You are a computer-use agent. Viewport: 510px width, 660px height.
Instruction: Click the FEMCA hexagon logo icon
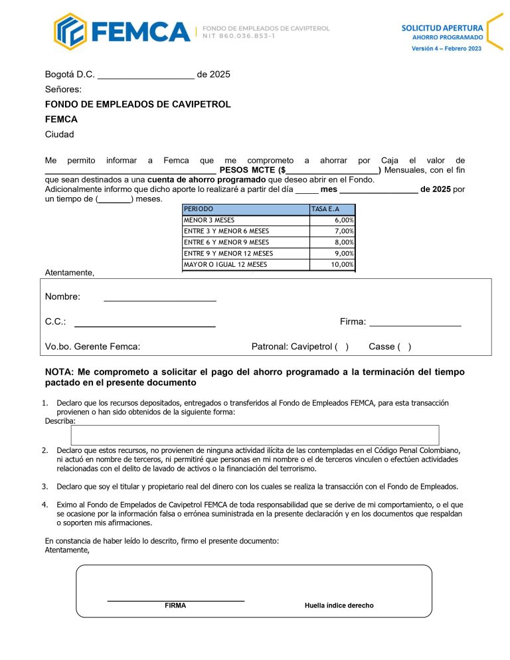tap(70, 31)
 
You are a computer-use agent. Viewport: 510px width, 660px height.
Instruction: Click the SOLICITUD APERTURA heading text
tap(442, 28)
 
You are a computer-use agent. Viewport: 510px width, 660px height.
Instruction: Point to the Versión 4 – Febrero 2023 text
tap(446, 49)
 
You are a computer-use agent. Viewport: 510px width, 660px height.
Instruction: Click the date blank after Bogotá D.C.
tap(145, 75)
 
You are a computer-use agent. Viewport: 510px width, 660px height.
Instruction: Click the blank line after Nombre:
tap(160, 297)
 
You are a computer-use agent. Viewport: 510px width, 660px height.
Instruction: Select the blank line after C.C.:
tap(145, 323)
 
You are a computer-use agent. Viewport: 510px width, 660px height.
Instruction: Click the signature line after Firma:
tap(415, 323)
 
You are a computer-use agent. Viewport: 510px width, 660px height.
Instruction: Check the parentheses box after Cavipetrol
tap(341, 347)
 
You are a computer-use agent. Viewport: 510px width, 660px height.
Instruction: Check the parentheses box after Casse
tap(404, 347)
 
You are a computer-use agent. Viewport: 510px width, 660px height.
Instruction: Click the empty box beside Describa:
tap(254, 435)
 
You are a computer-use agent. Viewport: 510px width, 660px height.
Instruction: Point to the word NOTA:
tap(60, 372)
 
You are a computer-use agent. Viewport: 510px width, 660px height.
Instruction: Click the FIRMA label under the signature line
tap(175, 606)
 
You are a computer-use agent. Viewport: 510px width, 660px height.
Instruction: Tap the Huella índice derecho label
tap(339, 606)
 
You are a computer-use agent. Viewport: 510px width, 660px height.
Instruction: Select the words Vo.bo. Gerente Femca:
tap(92, 347)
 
